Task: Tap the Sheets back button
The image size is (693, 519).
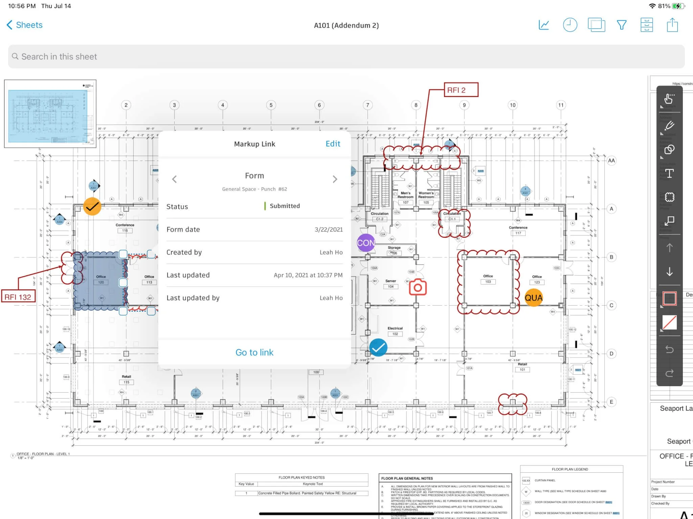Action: tap(24, 25)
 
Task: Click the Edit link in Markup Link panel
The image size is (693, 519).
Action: tap(333, 144)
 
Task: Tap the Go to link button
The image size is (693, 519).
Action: tap(254, 352)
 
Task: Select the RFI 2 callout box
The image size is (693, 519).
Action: tap(461, 90)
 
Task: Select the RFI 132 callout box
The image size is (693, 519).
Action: tap(18, 297)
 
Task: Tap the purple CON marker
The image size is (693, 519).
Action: tap(366, 243)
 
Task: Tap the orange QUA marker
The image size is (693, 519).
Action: tap(533, 298)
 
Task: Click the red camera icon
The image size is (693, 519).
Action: tap(418, 287)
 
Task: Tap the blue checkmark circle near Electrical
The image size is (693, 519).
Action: tap(378, 347)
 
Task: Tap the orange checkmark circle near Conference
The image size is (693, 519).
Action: tap(92, 206)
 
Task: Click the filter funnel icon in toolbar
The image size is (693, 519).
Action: tap(621, 25)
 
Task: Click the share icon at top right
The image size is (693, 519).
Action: tap(672, 25)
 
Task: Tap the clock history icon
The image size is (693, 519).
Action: tap(570, 25)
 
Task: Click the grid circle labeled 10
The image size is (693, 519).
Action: tap(512, 105)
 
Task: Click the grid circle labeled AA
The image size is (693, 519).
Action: tap(611, 161)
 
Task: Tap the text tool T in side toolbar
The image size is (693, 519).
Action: tap(669, 173)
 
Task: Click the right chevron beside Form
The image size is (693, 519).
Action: tap(335, 179)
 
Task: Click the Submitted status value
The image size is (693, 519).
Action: tap(284, 206)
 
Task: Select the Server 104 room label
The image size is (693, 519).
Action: tap(390, 284)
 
